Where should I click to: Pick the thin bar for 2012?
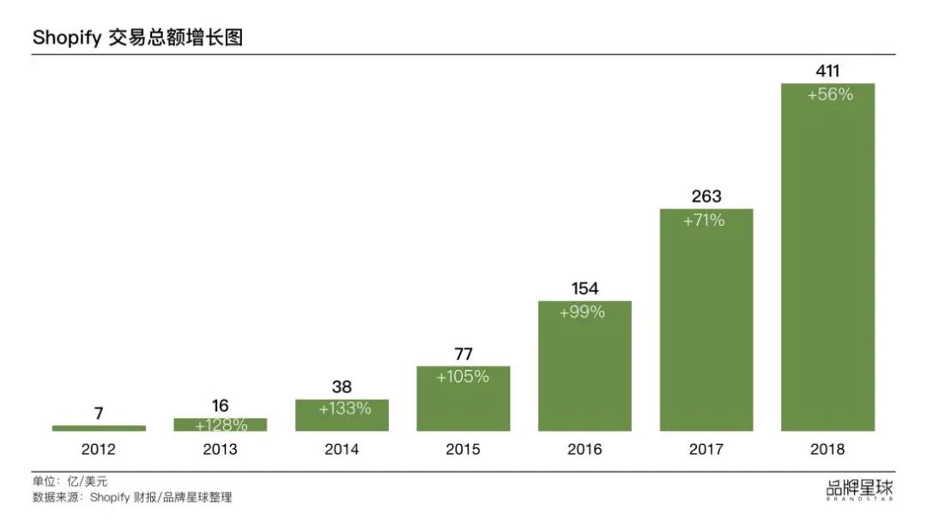[99, 427]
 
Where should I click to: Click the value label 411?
[827, 71]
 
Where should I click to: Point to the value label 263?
[706, 197]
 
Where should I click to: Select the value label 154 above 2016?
[585, 288]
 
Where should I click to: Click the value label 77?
[463, 354]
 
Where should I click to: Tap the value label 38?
[342, 387]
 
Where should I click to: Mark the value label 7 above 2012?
[99, 414]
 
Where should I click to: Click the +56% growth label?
[830, 95]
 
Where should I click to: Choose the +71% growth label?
[704, 221]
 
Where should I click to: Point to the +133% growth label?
[344, 409]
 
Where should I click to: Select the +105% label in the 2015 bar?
[463, 376]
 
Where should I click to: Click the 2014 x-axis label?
[342, 449]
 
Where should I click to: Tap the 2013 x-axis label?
[220, 449]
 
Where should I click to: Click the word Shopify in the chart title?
[67, 38]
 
